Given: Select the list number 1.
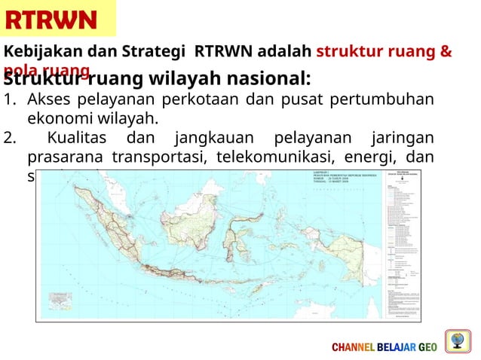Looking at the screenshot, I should coord(9,100).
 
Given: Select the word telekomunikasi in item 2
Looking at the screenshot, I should coord(255,157).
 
